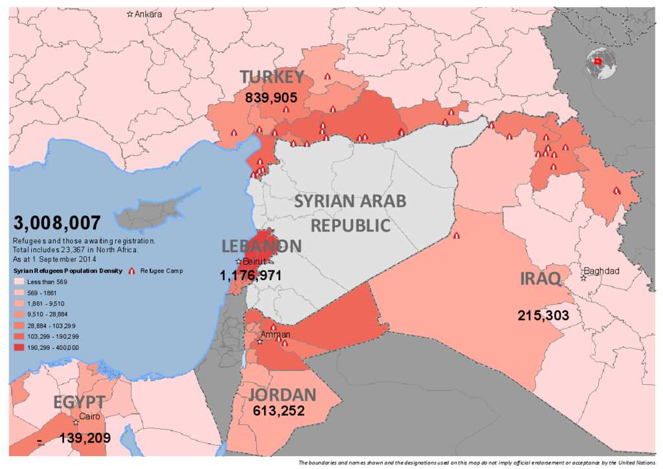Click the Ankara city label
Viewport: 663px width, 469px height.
click(148, 14)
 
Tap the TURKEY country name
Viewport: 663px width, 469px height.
click(272, 77)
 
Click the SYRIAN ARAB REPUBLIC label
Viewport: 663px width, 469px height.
click(350, 213)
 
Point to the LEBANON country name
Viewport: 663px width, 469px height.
click(262, 246)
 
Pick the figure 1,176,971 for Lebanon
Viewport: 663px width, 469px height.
click(251, 276)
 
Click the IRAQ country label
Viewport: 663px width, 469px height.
click(539, 279)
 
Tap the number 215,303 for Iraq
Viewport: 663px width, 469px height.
click(543, 316)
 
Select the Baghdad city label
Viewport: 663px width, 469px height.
click(601, 271)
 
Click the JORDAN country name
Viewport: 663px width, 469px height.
click(282, 395)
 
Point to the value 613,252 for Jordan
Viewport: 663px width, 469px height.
click(278, 410)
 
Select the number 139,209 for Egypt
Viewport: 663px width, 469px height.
click(84, 438)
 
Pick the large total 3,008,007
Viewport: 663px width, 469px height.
click(57, 223)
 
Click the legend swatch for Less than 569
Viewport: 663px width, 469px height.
click(19, 282)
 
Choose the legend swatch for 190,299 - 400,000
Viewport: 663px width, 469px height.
click(19, 347)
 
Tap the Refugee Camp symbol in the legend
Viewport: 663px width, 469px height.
click(132, 271)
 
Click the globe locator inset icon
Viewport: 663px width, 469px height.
click(600, 63)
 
